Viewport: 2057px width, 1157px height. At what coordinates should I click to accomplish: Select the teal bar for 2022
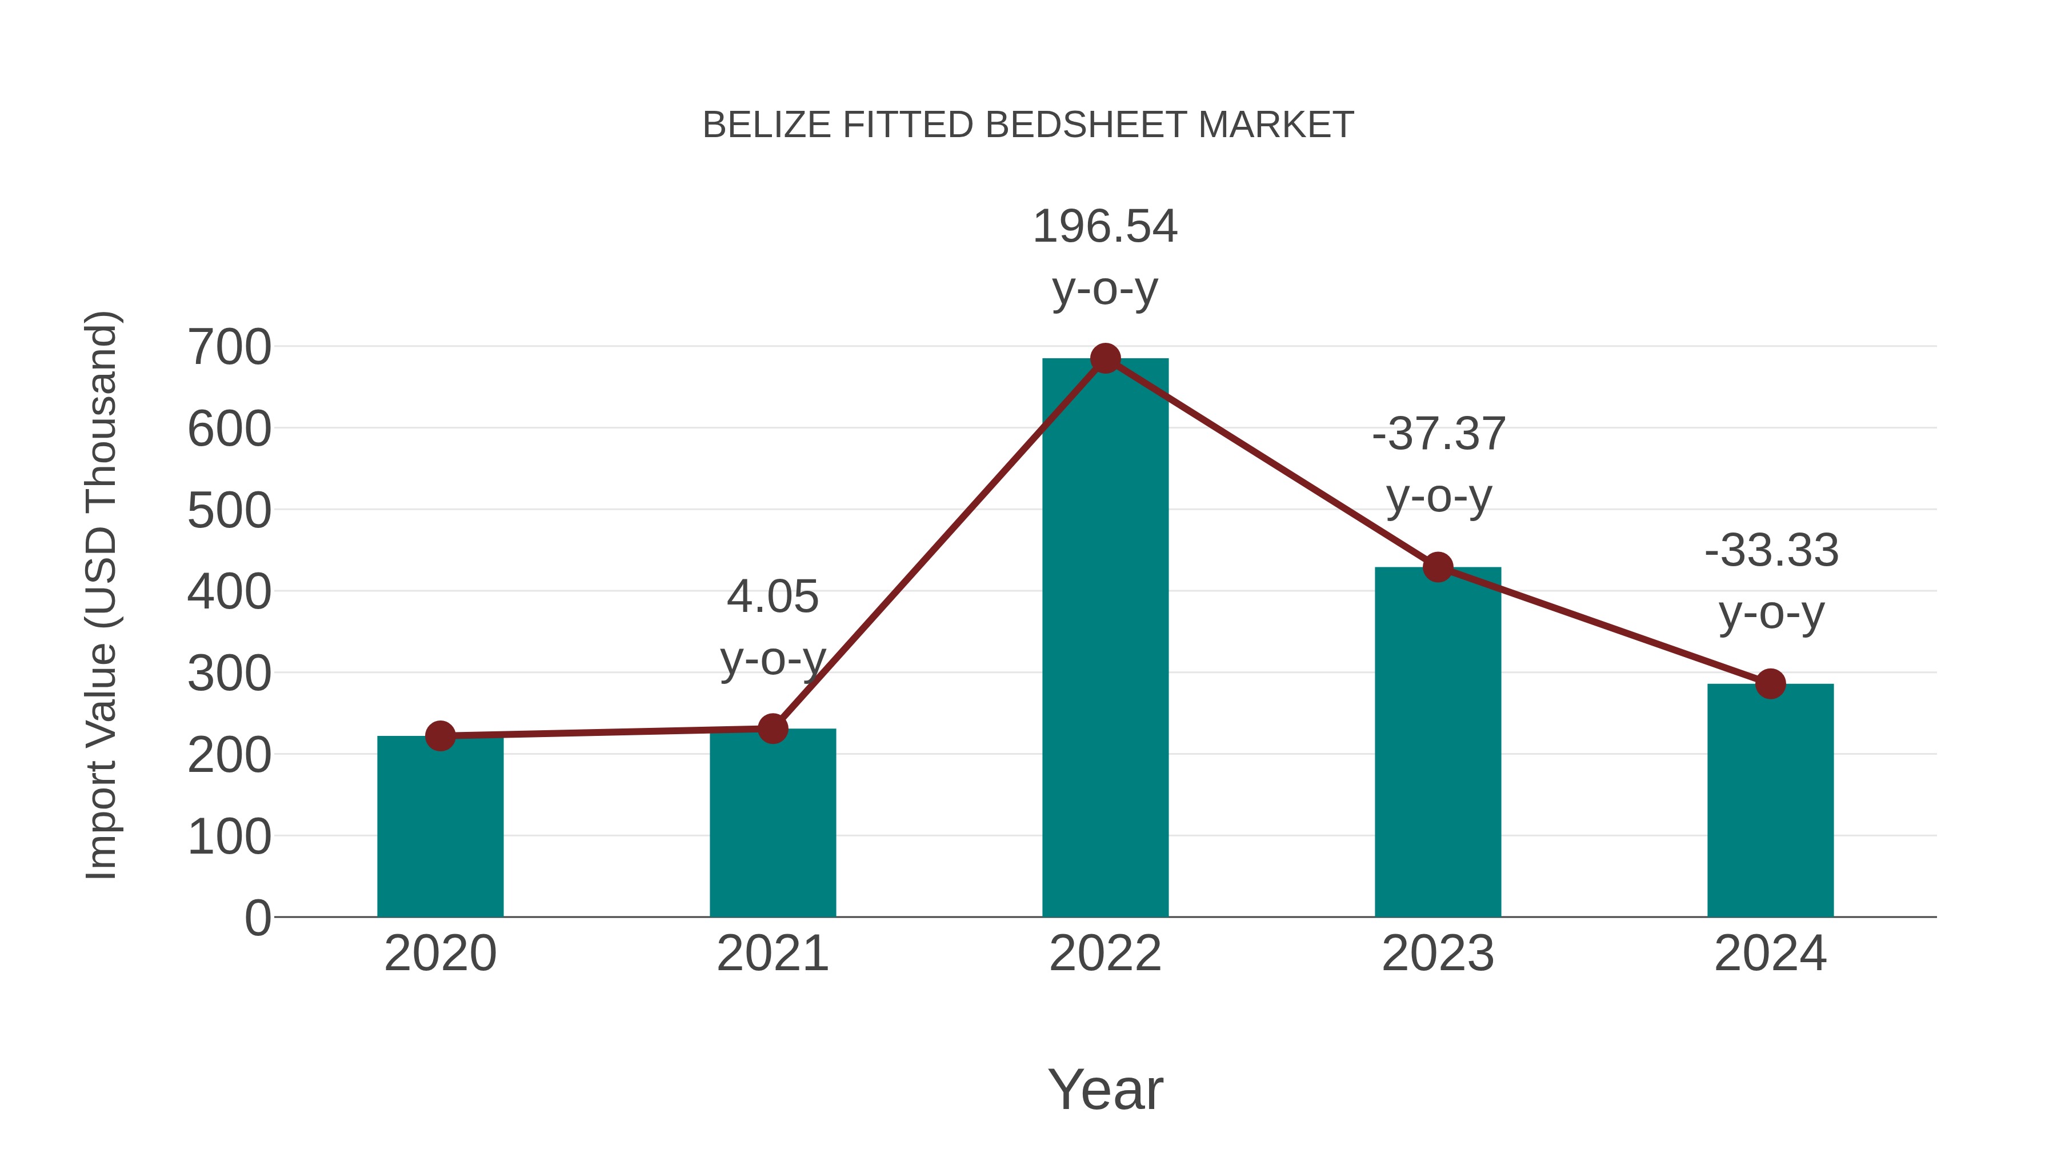pyautogui.click(x=1105, y=639)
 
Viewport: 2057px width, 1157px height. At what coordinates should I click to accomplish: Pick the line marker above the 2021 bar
pyautogui.click(x=772, y=728)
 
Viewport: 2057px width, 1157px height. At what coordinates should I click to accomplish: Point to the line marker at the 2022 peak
pyautogui.click(x=1105, y=358)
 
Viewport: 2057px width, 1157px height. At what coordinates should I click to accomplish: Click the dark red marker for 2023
pyautogui.click(x=1438, y=567)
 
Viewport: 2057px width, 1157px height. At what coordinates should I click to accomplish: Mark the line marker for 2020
pyautogui.click(x=440, y=735)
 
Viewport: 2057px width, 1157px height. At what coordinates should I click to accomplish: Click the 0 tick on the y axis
pyautogui.click(x=257, y=918)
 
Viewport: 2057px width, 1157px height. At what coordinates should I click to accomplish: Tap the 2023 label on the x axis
pyautogui.click(x=1438, y=954)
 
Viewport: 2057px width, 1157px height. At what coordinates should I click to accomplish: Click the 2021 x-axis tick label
pyautogui.click(x=772, y=954)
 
